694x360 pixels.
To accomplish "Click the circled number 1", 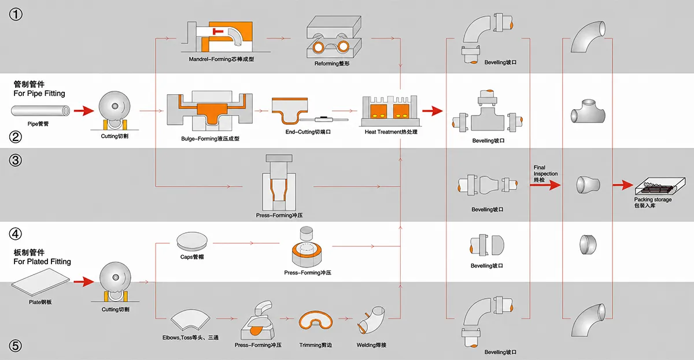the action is point(16,14).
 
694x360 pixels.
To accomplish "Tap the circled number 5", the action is point(16,346).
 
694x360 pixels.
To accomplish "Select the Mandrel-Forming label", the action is point(221,59).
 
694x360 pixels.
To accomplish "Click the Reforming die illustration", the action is point(334,37).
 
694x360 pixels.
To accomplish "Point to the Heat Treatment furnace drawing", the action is point(390,111).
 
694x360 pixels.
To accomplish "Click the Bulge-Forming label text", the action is point(210,139).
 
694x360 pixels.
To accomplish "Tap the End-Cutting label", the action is point(308,132).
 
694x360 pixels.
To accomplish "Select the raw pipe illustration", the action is point(40,110).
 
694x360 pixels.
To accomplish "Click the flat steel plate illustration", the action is point(40,282).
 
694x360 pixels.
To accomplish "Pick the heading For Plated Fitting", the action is point(42,262).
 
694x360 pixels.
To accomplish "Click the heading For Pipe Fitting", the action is point(39,94).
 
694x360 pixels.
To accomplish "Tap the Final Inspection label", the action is point(545,173).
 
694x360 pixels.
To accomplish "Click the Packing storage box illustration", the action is point(660,185).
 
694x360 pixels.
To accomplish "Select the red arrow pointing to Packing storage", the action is point(623,185).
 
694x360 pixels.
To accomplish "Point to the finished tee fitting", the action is point(588,111).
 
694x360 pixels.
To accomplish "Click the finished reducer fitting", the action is point(588,185).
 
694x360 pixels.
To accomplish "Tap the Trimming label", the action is point(315,345).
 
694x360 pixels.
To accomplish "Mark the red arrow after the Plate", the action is point(84,281).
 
